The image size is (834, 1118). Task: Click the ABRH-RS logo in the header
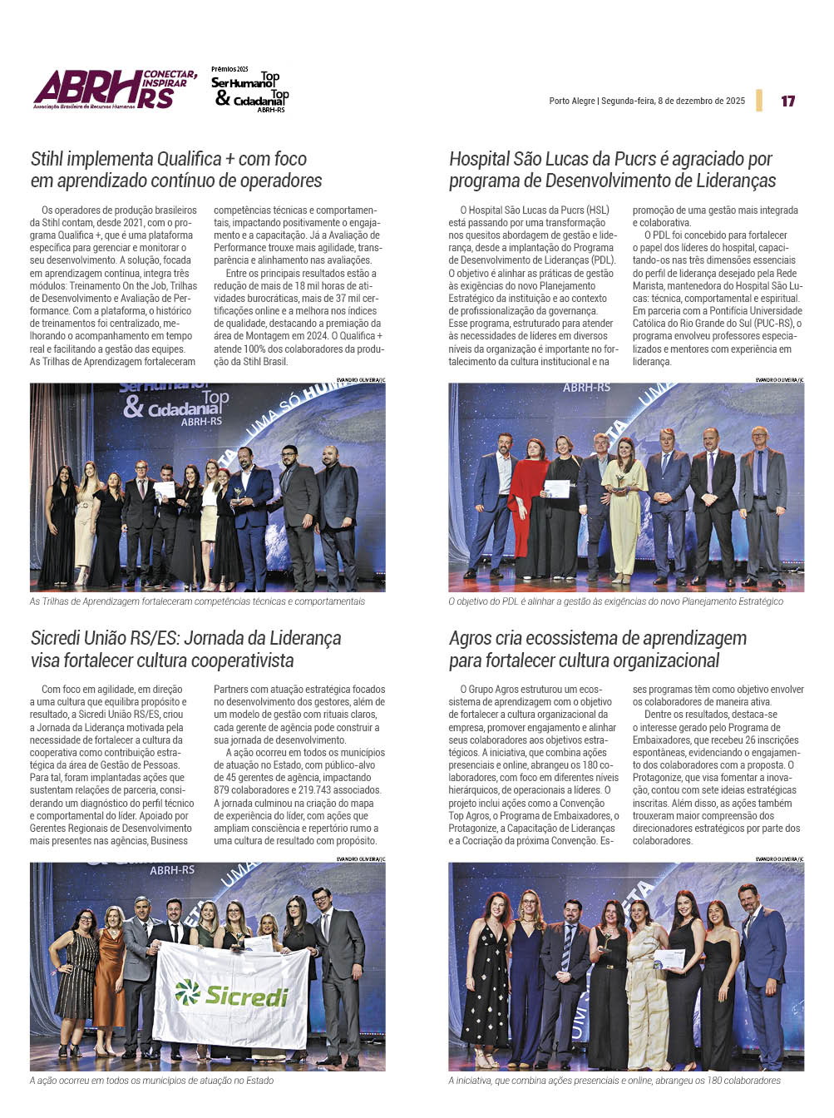(115, 89)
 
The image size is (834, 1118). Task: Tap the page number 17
(787, 101)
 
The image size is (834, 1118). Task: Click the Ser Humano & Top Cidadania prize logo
(249, 90)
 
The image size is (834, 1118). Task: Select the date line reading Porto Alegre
(647, 101)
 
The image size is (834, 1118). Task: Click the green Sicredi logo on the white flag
(232, 994)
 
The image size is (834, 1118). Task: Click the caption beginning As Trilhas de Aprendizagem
(197, 601)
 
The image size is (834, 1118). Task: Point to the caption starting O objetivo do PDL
(615, 601)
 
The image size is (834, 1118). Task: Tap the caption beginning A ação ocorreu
(151, 1081)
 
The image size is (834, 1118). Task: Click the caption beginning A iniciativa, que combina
(614, 1081)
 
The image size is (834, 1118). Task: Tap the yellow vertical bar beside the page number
(759, 101)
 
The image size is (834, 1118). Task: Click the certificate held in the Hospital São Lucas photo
(556, 488)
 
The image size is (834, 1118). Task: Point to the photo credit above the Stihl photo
(360, 379)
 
